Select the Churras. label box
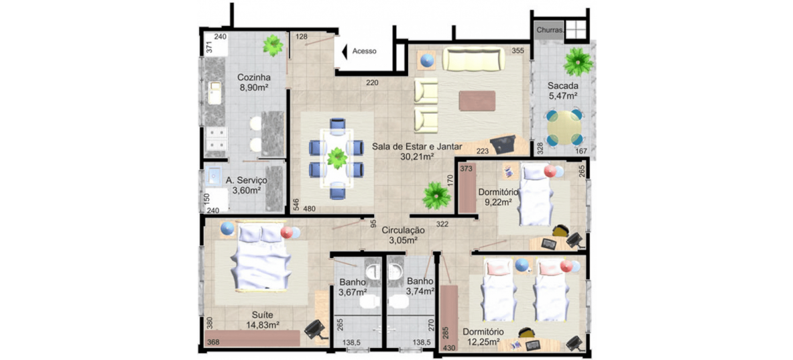click(550, 30)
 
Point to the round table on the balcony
click(564, 127)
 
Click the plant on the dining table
click(337, 158)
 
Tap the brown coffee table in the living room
click(477, 100)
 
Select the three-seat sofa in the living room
click(474, 59)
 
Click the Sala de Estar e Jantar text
click(417, 147)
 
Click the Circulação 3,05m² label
click(403, 235)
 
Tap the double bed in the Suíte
click(261, 256)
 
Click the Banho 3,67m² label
click(353, 286)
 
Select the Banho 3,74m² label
click(420, 286)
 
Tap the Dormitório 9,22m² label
click(498, 197)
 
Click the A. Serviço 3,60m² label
click(246, 185)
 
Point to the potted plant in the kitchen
click(273, 45)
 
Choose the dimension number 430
click(448, 348)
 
